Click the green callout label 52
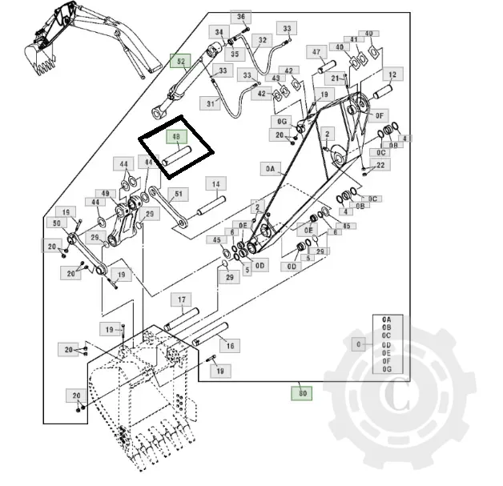click(x=181, y=61)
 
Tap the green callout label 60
click(x=302, y=393)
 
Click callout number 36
click(x=241, y=17)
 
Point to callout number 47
click(x=317, y=53)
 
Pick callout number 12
click(x=392, y=74)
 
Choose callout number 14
click(x=215, y=184)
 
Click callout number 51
click(x=179, y=193)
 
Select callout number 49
click(x=104, y=194)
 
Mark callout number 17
click(x=182, y=300)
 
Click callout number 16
click(x=231, y=346)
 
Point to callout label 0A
click(x=269, y=169)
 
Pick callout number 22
click(x=380, y=165)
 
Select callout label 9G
click(x=282, y=121)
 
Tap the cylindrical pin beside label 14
click(x=207, y=207)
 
